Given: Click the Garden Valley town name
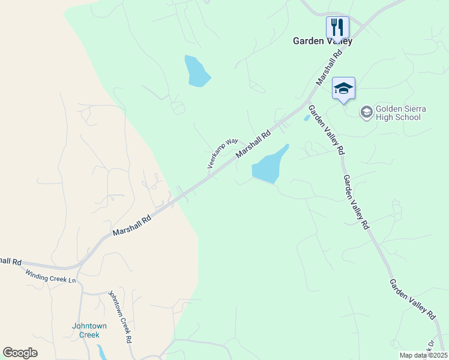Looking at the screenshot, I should click(x=322, y=41).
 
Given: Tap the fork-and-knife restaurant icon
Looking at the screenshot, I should click(x=337, y=28).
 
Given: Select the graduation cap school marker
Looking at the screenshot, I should click(x=343, y=89).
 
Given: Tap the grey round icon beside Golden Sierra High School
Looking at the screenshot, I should click(x=366, y=112).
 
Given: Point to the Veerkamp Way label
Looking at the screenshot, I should click(x=223, y=153).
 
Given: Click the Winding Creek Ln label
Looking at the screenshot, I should click(x=51, y=277).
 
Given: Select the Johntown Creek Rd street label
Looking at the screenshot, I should click(x=120, y=317).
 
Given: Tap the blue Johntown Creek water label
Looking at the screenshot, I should click(x=89, y=330).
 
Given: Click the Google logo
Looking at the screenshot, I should click(x=20, y=353).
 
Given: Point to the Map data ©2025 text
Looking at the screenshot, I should click(x=423, y=355).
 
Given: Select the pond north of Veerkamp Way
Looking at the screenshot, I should click(x=197, y=71).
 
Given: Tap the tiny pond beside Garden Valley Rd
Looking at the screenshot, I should click(x=307, y=118).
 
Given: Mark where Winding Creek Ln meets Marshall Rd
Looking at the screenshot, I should click(x=76, y=267).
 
